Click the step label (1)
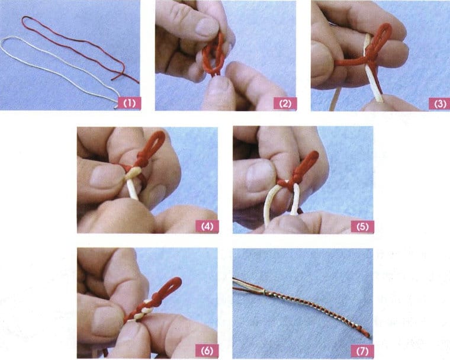click(x=130, y=103)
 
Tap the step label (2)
click(x=285, y=104)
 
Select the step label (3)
click(x=440, y=104)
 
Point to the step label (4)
click(x=207, y=226)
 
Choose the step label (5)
click(x=362, y=226)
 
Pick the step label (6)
click(x=207, y=351)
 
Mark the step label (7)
click(x=362, y=351)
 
